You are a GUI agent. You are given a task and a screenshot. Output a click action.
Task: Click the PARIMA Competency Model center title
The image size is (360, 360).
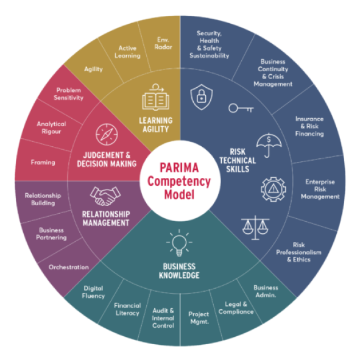coord(179,181)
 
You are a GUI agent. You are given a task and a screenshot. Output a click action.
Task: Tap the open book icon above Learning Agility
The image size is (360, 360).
coord(156,97)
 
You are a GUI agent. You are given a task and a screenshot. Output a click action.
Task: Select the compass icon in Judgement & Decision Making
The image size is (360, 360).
coord(107,134)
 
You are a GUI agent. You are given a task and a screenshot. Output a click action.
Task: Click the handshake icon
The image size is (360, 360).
coord(105,196)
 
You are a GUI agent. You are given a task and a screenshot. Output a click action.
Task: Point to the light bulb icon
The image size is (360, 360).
coord(179,243)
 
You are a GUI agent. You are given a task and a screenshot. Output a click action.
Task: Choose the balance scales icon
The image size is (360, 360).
coord(255,228)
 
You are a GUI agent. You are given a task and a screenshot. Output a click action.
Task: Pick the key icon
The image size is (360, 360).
coord(241,108)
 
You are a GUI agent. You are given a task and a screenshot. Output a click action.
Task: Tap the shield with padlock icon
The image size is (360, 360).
coord(202,97)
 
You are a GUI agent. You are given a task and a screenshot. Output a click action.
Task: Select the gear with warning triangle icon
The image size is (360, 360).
coord(274,189)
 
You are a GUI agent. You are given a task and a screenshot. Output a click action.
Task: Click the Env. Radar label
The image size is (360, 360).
coord(163,43)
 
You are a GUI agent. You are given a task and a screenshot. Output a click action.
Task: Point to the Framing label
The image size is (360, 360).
coord(43,163)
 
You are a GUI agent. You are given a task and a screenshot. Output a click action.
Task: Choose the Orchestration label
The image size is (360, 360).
coord(69,267)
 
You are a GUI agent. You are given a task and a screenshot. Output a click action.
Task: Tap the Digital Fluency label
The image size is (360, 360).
coord(93,292)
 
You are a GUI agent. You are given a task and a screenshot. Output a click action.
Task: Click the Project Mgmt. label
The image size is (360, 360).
coord(199,318)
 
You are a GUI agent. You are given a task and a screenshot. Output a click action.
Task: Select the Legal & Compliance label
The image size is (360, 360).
coord(236,308)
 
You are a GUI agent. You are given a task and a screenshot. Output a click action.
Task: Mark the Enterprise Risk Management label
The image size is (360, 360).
coord(320,189)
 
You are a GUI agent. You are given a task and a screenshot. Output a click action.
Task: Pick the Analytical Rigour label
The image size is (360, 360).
coord(51,128)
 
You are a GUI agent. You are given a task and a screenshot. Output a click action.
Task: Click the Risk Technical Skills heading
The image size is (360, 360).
coord(238,160)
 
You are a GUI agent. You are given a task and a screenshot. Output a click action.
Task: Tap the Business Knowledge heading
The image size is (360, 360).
coord(179,271)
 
